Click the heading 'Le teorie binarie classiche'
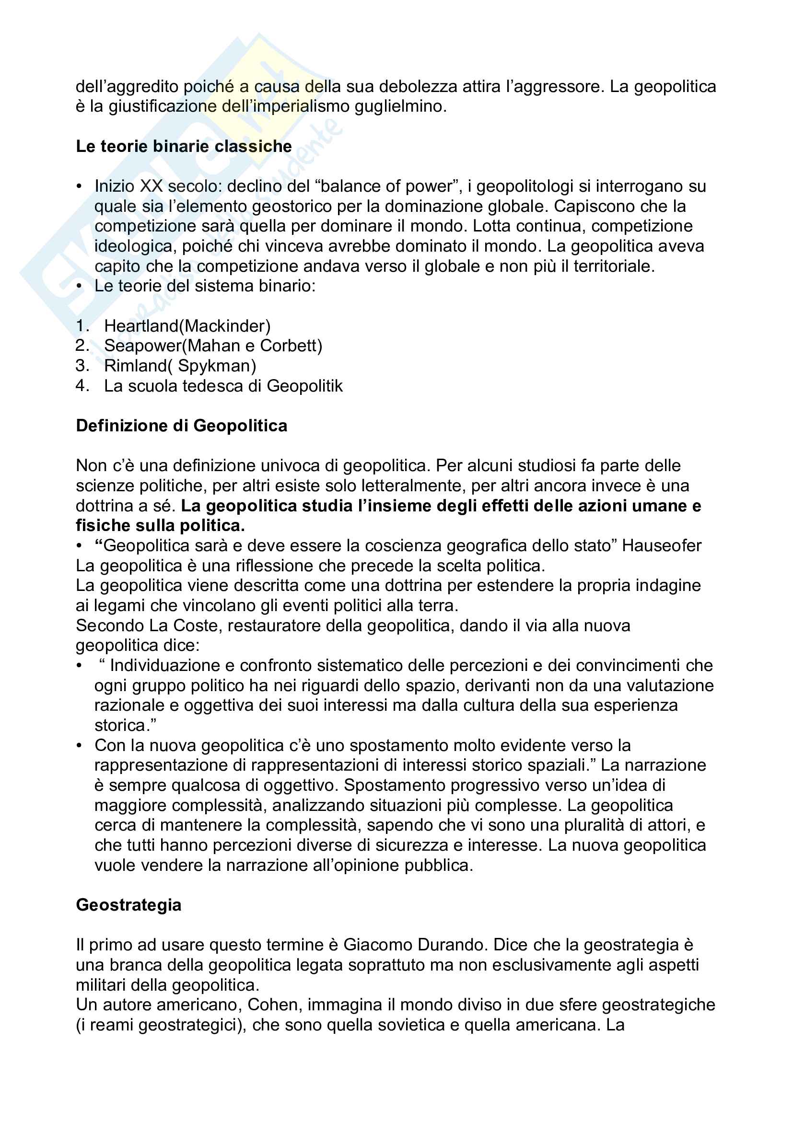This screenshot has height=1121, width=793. coord(184,147)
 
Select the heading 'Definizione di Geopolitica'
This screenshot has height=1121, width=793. coord(182,426)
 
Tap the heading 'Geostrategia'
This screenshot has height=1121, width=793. coord(128,905)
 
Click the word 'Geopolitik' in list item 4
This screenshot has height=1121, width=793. coord(305,386)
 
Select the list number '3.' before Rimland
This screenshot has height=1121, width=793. coord(82,366)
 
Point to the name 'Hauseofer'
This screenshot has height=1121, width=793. coord(662,545)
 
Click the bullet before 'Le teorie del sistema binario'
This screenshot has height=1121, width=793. coord(79,286)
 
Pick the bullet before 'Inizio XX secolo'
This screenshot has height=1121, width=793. coord(79,186)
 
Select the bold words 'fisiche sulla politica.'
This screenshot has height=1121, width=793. coord(160,525)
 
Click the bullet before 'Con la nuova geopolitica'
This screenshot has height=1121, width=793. coord(79,746)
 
